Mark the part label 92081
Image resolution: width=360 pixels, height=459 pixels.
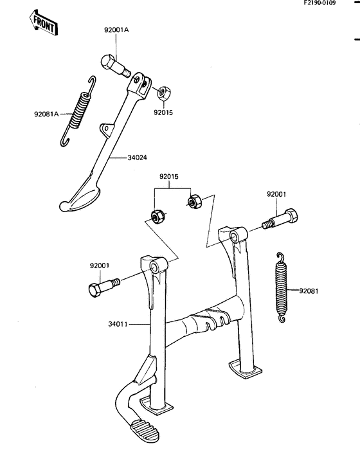[309, 291]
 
